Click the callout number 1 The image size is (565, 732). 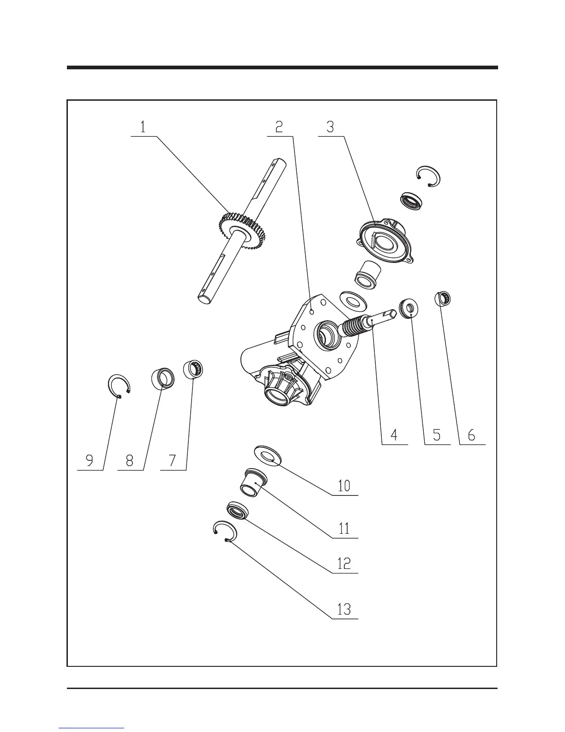[x=143, y=127]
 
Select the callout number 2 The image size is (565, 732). [x=279, y=127]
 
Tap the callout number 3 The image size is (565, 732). [x=330, y=127]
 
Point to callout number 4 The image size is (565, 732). [x=394, y=435]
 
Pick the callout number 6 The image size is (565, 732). [x=471, y=435]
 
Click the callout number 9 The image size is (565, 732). [x=90, y=460]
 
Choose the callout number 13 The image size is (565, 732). [x=344, y=609]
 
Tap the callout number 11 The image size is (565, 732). [x=344, y=528]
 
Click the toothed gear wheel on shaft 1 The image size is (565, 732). [x=238, y=231]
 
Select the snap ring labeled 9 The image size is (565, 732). [x=119, y=386]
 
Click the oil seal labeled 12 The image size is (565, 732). [x=237, y=511]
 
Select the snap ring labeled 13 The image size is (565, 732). [x=225, y=532]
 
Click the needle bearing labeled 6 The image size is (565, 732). [x=443, y=298]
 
